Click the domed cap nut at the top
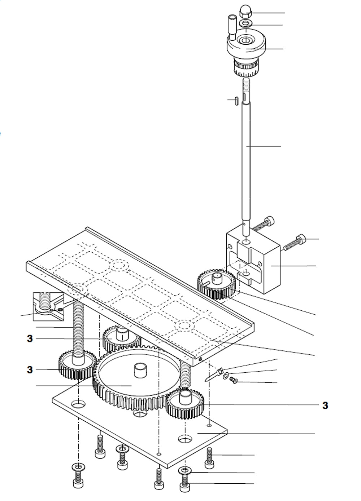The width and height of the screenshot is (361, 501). (245, 14)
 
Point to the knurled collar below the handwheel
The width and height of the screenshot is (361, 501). (245, 67)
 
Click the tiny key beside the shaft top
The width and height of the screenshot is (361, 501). (235, 100)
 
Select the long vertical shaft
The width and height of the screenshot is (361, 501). (246, 151)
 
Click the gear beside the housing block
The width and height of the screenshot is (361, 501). (216, 285)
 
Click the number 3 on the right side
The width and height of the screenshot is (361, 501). (325, 405)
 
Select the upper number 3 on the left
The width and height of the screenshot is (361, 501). (30, 338)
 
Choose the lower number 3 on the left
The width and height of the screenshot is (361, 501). (30, 370)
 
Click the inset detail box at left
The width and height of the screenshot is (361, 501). (49, 306)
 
